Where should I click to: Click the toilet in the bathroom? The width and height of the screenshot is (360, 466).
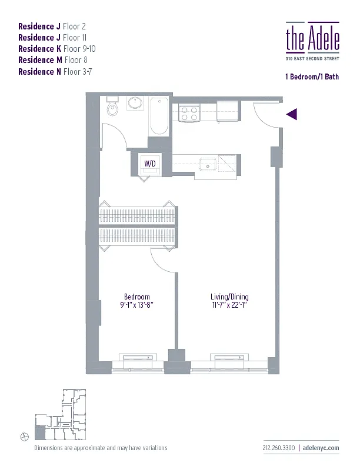112,108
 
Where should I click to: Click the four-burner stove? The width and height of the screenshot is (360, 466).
189,112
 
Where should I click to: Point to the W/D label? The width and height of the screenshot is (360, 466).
150,164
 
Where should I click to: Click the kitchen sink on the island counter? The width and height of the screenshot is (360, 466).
207,163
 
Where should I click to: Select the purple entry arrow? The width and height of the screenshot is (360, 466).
292,114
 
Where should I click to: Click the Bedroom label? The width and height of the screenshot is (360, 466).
136,297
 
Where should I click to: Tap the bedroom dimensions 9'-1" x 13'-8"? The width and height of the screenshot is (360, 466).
136,305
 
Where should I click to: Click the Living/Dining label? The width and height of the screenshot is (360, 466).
227,297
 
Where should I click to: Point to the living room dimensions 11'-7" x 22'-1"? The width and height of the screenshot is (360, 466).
227,305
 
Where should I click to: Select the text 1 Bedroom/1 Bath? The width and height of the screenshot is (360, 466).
312,77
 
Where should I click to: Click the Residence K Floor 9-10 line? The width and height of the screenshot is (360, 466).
56,49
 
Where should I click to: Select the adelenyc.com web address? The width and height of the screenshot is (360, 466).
322,448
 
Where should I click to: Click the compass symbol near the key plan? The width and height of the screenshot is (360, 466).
25,436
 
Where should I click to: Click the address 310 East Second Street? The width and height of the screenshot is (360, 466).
312,58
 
